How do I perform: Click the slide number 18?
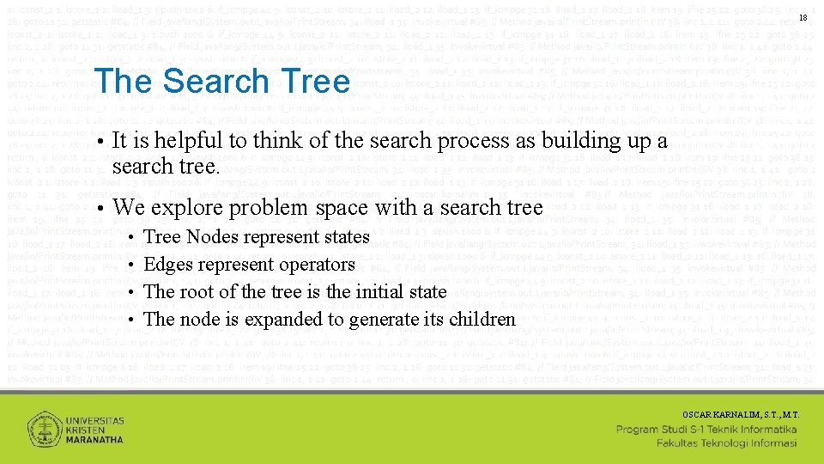tap(803, 18)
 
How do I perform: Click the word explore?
tap(182, 207)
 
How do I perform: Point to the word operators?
tap(314, 265)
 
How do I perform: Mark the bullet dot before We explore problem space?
tap(100, 207)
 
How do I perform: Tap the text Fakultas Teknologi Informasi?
tap(726, 443)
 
